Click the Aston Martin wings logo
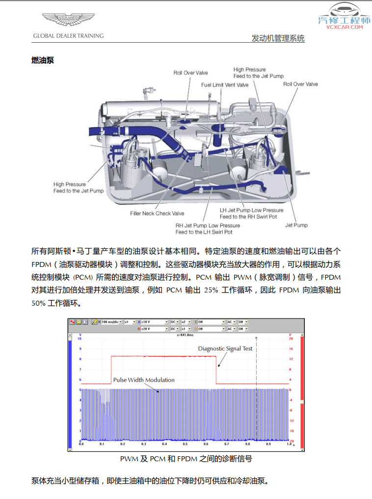68,21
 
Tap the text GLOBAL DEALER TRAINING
68,36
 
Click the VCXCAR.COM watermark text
344,27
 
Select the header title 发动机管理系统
278,38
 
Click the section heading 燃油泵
42,60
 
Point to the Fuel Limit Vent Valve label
225,85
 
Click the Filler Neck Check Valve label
157,213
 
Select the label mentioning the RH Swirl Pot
251,213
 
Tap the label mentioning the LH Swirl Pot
208,229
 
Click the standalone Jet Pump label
296,225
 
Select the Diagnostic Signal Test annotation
225,349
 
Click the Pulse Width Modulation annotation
144,380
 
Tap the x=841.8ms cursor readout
186,336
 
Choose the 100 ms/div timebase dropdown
111,322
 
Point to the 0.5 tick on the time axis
186,444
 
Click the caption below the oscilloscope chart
186,459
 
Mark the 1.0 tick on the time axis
289,444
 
